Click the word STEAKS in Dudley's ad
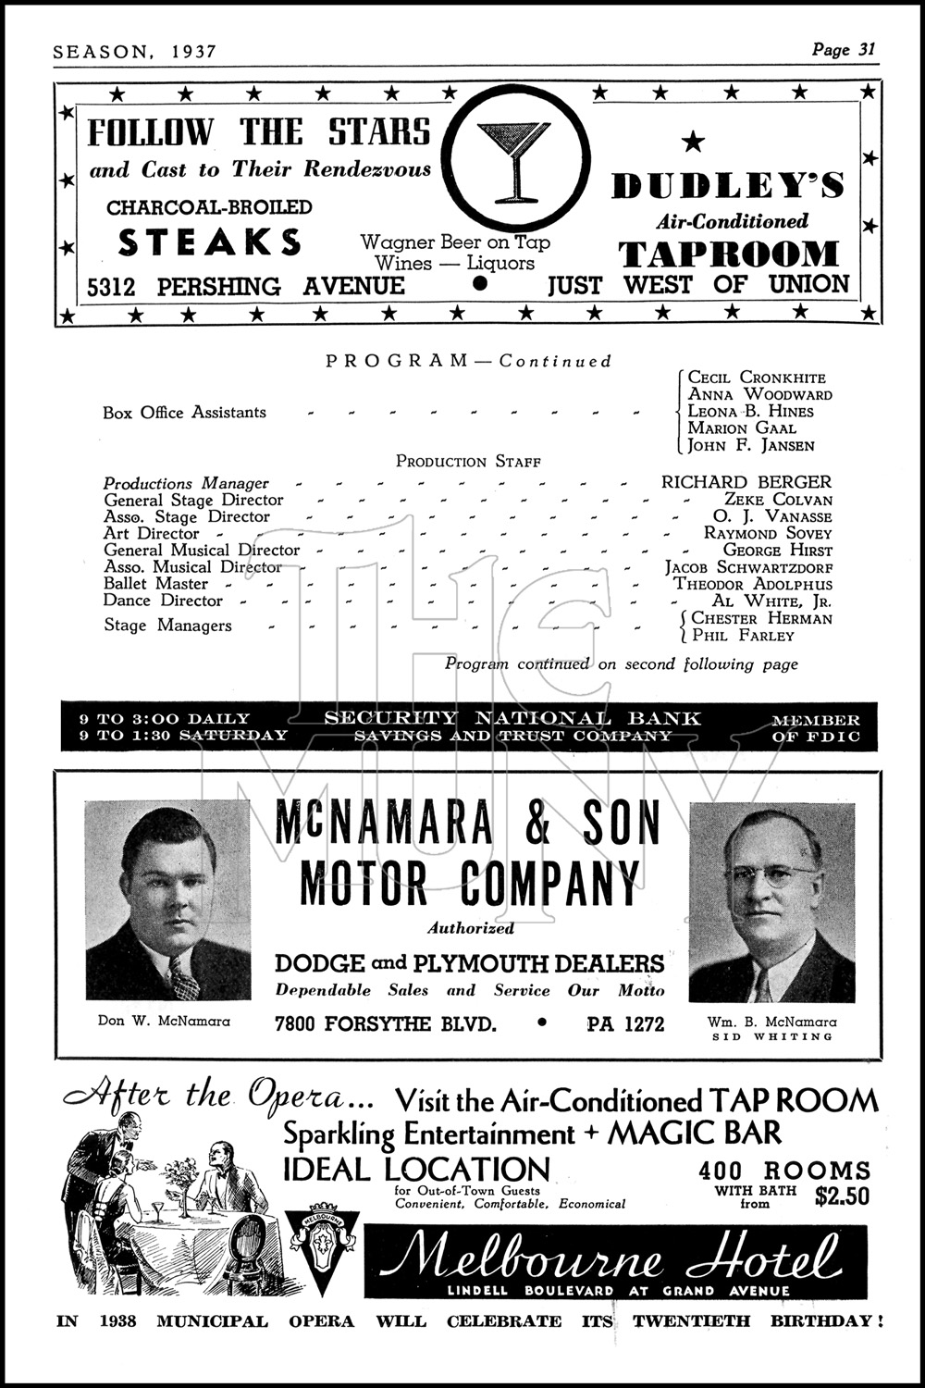210,242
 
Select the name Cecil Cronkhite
757,378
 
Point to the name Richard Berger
746,482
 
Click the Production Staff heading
468,461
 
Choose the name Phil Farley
742,636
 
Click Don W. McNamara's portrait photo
168,899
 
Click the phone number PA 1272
625,1024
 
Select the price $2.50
842,1196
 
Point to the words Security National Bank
512,718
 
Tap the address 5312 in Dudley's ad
111,287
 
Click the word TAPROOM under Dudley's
728,254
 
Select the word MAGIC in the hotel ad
655,1133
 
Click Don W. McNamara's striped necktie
182,979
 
